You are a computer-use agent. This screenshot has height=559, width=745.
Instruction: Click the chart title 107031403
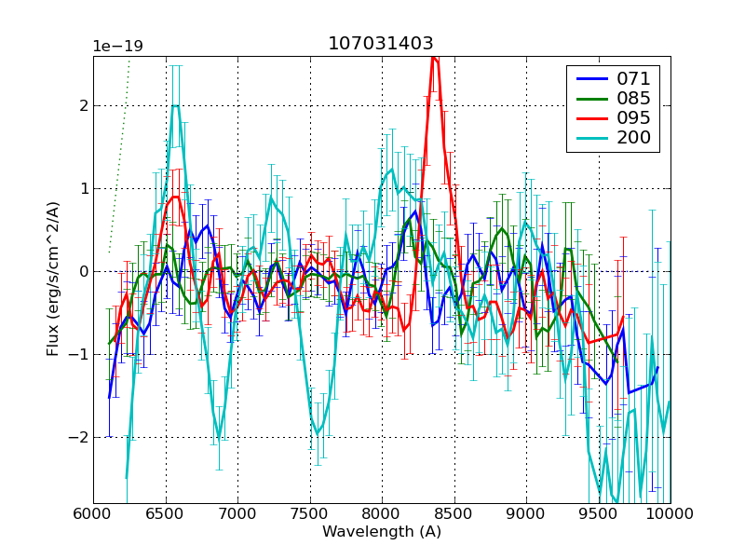click(x=380, y=44)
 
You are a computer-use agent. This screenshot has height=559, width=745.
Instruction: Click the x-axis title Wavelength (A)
click(x=382, y=532)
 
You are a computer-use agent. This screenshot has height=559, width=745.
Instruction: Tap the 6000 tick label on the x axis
click(x=93, y=513)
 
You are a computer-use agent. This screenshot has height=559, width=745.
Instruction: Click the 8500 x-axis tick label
click(x=454, y=513)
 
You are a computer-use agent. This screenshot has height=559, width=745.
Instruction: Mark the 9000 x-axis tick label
click(x=526, y=513)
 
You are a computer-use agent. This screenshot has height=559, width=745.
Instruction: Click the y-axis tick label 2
click(x=83, y=105)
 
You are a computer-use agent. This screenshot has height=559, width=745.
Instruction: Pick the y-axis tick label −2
click(x=80, y=437)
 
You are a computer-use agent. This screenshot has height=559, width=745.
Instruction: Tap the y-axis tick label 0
click(x=83, y=271)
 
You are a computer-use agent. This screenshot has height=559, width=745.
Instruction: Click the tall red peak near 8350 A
click(x=434, y=60)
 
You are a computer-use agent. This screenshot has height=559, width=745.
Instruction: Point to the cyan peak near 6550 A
click(x=175, y=105)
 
